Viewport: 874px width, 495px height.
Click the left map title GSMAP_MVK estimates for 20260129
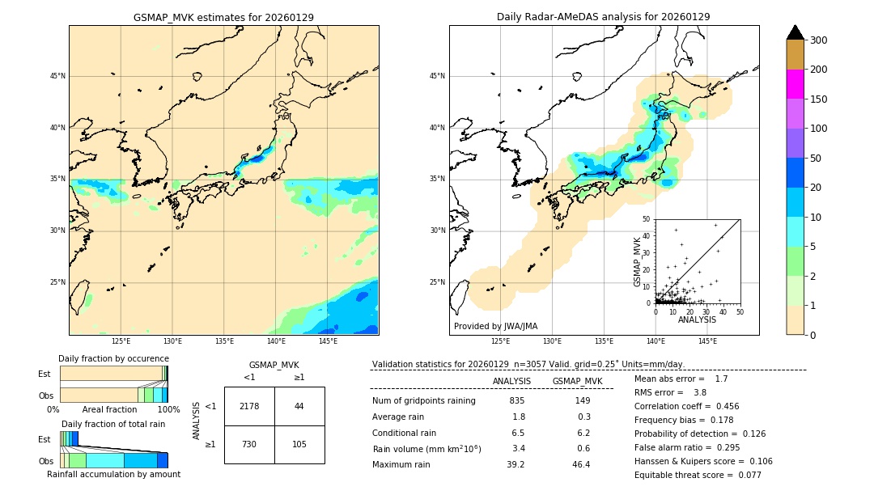pyautogui.click(x=223, y=17)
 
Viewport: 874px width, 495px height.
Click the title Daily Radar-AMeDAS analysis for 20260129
pyautogui.click(x=604, y=17)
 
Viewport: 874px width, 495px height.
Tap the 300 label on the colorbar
pyautogui.click(x=818, y=40)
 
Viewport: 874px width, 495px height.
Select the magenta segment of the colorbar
pyautogui.click(x=795, y=84)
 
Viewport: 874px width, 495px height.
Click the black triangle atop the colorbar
pyautogui.click(x=795, y=32)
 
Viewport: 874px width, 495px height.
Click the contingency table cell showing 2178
pyautogui.click(x=249, y=406)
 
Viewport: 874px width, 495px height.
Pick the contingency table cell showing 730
pyautogui.click(x=249, y=445)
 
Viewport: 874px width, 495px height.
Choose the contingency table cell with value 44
pyautogui.click(x=299, y=406)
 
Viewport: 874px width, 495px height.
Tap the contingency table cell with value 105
pyautogui.click(x=299, y=445)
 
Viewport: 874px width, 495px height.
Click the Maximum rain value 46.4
pyautogui.click(x=581, y=464)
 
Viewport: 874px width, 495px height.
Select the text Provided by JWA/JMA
pyautogui.click(x=495, y=326)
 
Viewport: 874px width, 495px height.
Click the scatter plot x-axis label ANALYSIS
pyautogui.click(x=697, y=319)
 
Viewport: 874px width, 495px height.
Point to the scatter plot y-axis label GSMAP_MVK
pyautogui.click(x=638, y=261)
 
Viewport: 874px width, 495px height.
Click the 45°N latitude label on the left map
pyautogui.click(x=57, y=76)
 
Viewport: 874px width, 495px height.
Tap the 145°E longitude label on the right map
pyautogui.click(x=707, y=341)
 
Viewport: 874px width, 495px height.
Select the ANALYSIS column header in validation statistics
pyautogui.click(x=511, y=381)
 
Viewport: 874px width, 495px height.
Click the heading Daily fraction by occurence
pyautogui.click(x=113, y=358)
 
